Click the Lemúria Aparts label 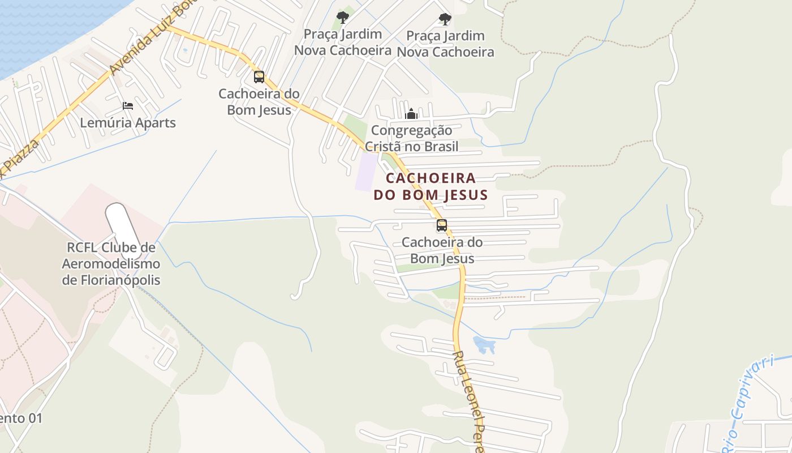[128, 122]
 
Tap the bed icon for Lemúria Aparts [128, 106]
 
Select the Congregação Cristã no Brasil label [411, 138]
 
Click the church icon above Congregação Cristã [411, 114]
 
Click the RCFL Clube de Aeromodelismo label [111, 264]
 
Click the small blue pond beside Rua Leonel [484, 344]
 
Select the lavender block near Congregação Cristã [366, 172]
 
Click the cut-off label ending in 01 [20, 418]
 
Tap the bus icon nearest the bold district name [442, 225]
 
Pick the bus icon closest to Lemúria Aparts [259, 77]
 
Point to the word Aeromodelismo [111, 264]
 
